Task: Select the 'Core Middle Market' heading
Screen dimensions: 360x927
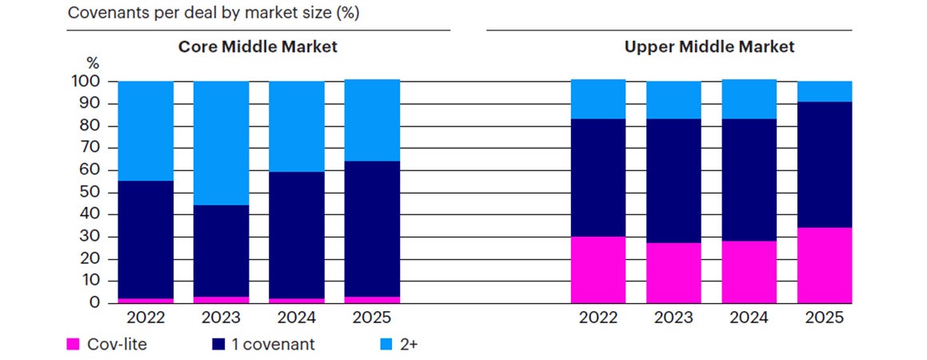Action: click(258, 46)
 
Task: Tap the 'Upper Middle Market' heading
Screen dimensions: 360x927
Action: click(709, 46)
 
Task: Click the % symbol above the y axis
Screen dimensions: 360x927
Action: click(92, 62)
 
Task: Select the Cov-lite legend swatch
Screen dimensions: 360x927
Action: click(73, 344)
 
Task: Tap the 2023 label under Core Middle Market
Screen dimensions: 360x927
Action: click(221, 318)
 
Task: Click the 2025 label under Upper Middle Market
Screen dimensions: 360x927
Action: click(824, 318)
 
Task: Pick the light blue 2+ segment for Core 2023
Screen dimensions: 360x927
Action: click(221, 143)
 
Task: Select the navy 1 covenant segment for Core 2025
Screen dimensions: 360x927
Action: click(372, 229)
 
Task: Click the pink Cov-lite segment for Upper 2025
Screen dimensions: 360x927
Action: click(824, 266)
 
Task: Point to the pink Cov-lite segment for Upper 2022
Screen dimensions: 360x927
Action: click(597, 270)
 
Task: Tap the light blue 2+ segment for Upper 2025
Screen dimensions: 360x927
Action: click(824, 91)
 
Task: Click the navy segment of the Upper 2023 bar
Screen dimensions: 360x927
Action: click(673, 181)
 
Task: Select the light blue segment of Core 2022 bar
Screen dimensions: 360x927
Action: click(146, 131)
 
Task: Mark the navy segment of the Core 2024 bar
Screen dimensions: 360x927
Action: click(297, 235)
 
